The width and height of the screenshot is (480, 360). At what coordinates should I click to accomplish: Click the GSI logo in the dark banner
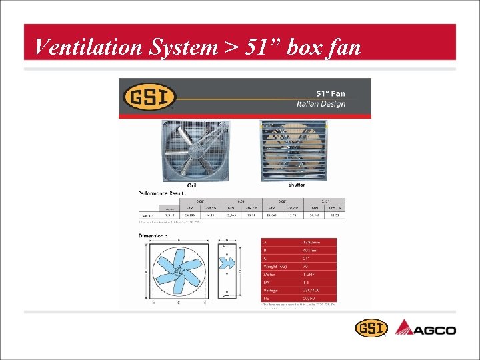[149, 97]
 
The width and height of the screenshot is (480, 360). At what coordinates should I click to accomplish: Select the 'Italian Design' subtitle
[321, 105]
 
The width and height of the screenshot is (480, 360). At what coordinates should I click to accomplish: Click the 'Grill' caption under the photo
[192, 185]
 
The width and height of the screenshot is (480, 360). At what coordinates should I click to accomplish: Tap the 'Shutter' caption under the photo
[297, 185]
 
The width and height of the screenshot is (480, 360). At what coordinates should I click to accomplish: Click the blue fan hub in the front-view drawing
[179, 273]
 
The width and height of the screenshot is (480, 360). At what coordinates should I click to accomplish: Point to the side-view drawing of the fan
[228, 272]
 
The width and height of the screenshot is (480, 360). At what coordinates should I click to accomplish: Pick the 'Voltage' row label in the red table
[271, 291]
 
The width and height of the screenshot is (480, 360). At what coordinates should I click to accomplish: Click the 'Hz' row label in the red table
[266, 299]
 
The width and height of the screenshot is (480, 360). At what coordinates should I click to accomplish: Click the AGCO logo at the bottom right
[426, 329]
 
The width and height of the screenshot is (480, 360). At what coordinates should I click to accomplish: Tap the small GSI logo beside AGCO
[371, 328]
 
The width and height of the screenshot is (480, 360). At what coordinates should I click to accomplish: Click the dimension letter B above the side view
[227, 240]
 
